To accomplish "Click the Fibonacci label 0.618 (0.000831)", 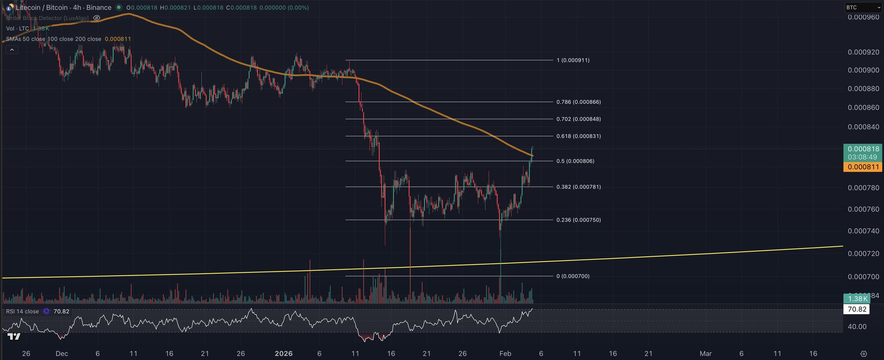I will click(578, 136).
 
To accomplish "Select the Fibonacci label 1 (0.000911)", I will click(573, 60).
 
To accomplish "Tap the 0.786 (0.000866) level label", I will click(578, 102).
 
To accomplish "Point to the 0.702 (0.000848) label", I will click(578, 119).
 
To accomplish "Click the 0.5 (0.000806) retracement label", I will click(575, 161).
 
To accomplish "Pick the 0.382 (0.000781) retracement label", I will click(578, 187).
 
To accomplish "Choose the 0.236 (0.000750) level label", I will click(578, 220).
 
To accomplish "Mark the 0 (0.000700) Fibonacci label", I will click(573, 276).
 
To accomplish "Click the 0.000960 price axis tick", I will click(863, 17).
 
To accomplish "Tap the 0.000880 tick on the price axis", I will click(863, 88).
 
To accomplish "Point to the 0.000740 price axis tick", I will click(863, 231).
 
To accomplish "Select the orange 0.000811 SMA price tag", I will click(863, 167).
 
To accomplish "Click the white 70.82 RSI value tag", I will click(857, 309).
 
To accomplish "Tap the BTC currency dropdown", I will click(863, 7).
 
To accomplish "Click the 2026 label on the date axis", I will click(284, 354).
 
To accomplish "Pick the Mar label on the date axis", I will click(705, 354).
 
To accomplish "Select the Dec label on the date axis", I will click(62, 354).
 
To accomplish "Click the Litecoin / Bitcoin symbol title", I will click(63, 7).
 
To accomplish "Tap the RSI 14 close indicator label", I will click(22, 311).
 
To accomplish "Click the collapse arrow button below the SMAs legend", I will click(12, 50).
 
